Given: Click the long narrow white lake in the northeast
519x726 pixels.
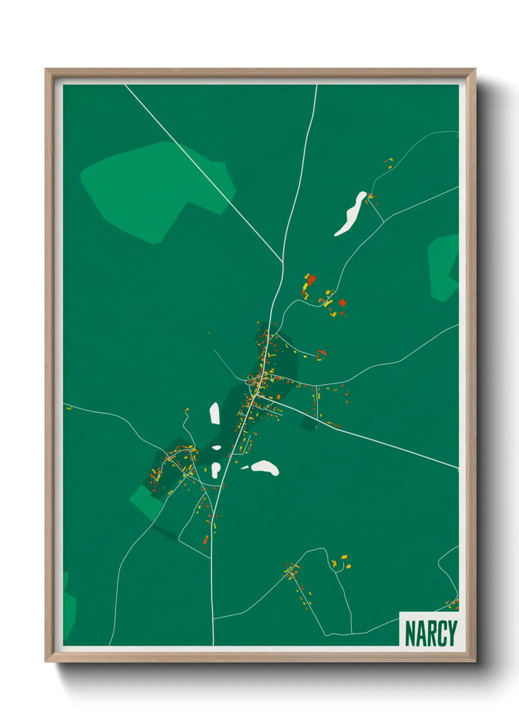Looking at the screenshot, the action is coord(351,214).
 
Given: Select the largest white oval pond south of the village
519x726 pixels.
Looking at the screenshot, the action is coord(265,467).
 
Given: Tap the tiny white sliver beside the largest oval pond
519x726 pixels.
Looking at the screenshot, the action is coord(244,467).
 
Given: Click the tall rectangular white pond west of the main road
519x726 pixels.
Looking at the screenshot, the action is coord(214,413).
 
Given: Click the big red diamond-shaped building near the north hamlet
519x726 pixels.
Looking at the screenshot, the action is coord(342,302).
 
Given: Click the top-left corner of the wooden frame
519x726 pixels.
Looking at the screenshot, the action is coord(46,69).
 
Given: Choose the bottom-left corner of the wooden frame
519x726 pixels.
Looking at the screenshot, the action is coord(46,661).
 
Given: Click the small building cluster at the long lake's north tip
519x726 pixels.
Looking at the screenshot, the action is coord(371,197).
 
